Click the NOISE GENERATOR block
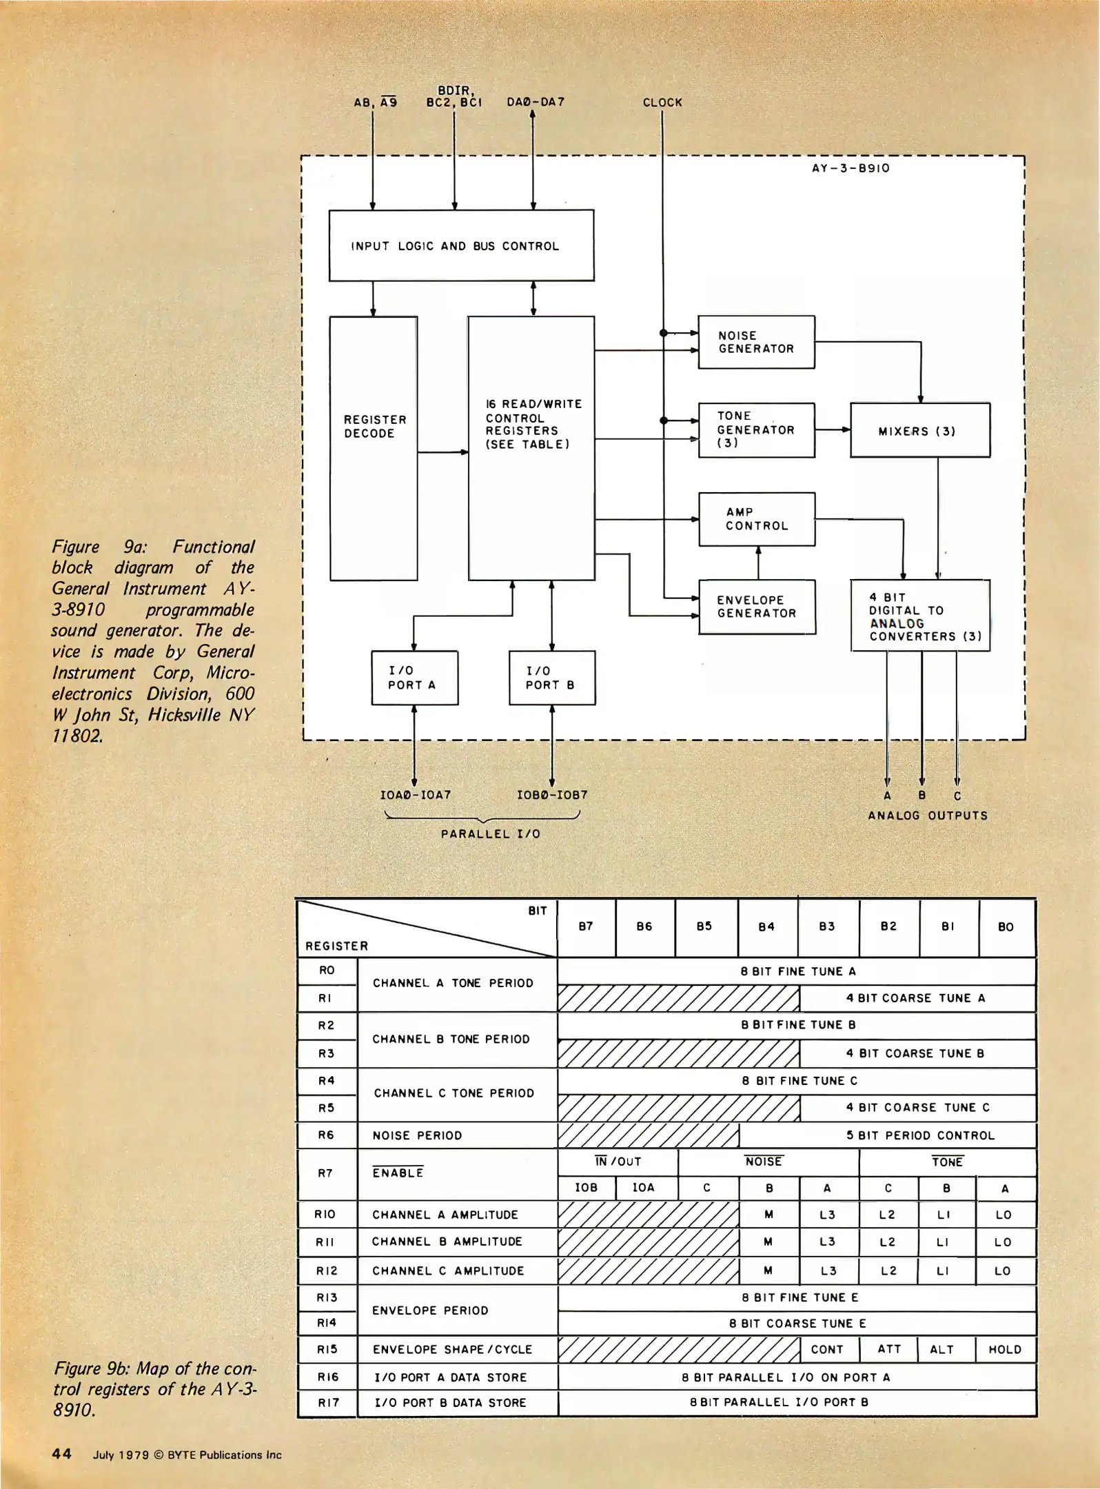(x=756, y=342)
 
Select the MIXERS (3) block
(x=919, y=431)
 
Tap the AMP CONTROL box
(x=756, y=519)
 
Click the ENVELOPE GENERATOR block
(x=756, y=607)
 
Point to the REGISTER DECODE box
(x=373, y=448)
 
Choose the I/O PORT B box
(x=551, y=678)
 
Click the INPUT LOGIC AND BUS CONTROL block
(x=460, y=245)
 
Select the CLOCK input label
(x=662, y=103)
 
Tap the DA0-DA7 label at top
(x=536, y=102)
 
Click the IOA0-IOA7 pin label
(x=415, y=795)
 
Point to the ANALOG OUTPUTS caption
(x=927, y=816)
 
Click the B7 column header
(x=586, y=926)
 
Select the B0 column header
(x=1006, y=927)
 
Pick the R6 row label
(x=326, y=1135)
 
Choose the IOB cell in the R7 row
(x=586, y=1188)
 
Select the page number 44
(x=62, y=1454)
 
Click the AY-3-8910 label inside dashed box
(x=851, y=168)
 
